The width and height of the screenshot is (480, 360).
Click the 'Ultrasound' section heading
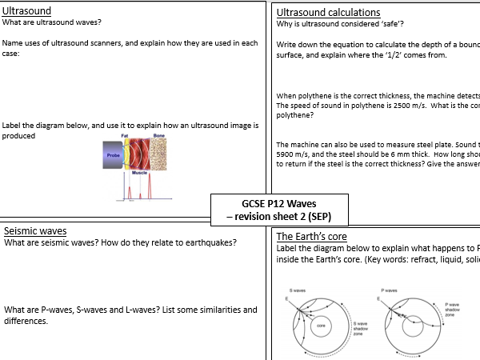[x=27, y=12]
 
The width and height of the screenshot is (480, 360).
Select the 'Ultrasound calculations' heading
[x=328, y=13]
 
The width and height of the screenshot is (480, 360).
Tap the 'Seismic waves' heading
[x=35, y=231]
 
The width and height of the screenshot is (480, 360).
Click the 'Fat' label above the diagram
[x=125, y=136]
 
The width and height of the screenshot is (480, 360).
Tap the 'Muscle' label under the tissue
[x=139, y=172]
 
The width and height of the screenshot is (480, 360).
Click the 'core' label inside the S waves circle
[x=321, y=326]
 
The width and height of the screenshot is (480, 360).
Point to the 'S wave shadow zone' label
[x=359, y=327]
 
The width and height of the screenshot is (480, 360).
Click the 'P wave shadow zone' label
[x=453, y=310]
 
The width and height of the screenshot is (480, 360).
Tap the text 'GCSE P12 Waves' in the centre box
[x=280, y=203]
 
